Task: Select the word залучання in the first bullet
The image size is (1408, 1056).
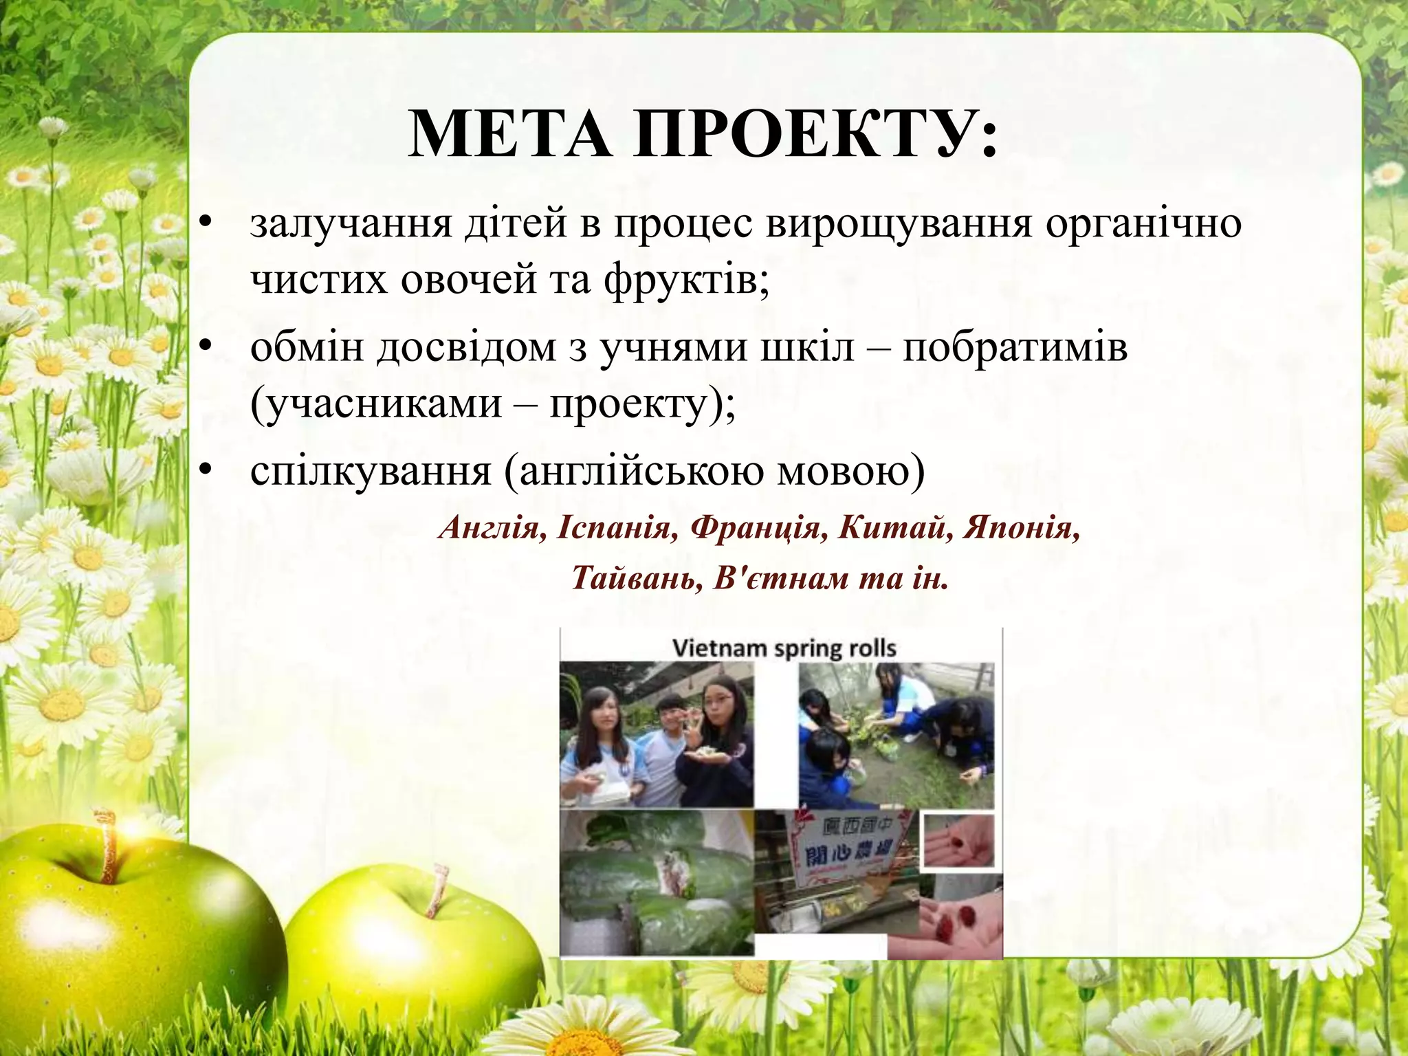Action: (x=351, y=224)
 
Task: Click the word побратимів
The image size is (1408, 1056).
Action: (x=1015, y=347)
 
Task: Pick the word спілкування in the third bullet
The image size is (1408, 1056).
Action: (x=371, y=472)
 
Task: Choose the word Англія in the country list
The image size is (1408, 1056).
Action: (x=492, y=528)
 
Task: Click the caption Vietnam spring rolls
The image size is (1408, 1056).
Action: (x=784, y=648)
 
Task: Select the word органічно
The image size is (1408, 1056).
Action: (x=1144, y=224)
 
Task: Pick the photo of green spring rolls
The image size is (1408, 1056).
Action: (x=657, y=883)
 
